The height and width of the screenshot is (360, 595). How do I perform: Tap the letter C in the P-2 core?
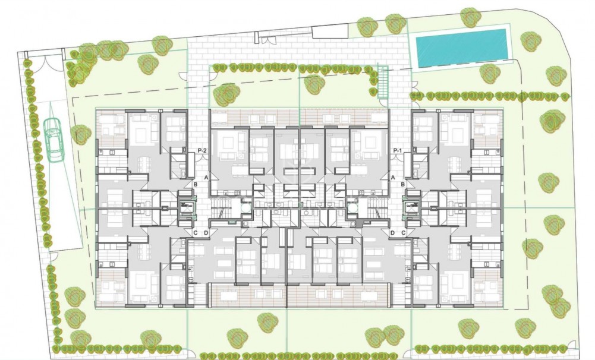195,233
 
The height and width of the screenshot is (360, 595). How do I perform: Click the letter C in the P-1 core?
404,233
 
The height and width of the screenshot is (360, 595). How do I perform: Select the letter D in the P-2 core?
206,233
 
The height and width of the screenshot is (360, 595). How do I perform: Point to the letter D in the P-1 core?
393,233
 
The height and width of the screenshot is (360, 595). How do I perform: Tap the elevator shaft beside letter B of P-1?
411,207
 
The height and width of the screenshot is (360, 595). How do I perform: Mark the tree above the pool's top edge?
470,16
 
